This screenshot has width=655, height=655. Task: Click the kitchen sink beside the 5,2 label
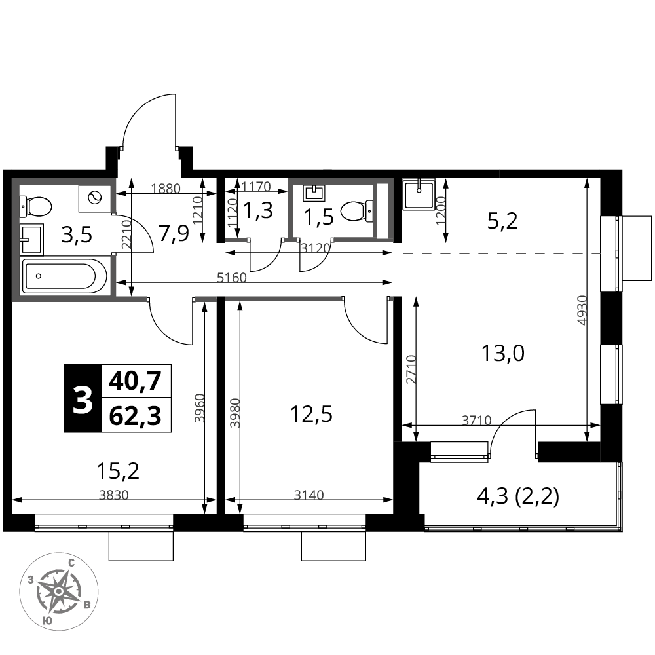(x=419, y=194)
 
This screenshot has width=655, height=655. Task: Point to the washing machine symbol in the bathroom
(x=95, y=198)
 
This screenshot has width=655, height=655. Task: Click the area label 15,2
(x=117, y=470)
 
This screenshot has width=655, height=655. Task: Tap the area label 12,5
(x=311, y=415)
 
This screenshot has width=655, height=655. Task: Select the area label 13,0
(x=503, y=354)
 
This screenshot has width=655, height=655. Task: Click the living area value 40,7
(x=135, y=381)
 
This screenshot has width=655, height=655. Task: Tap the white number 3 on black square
(x=83, y=399)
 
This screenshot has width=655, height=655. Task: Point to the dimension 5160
(x=231, y=277)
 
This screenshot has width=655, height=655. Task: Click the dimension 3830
(x=114, y=495)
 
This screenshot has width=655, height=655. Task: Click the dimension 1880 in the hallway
(x=166, y=189)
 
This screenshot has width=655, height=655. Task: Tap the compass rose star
(x=59, y=591)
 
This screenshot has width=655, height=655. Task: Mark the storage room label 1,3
(x=258, y=211)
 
